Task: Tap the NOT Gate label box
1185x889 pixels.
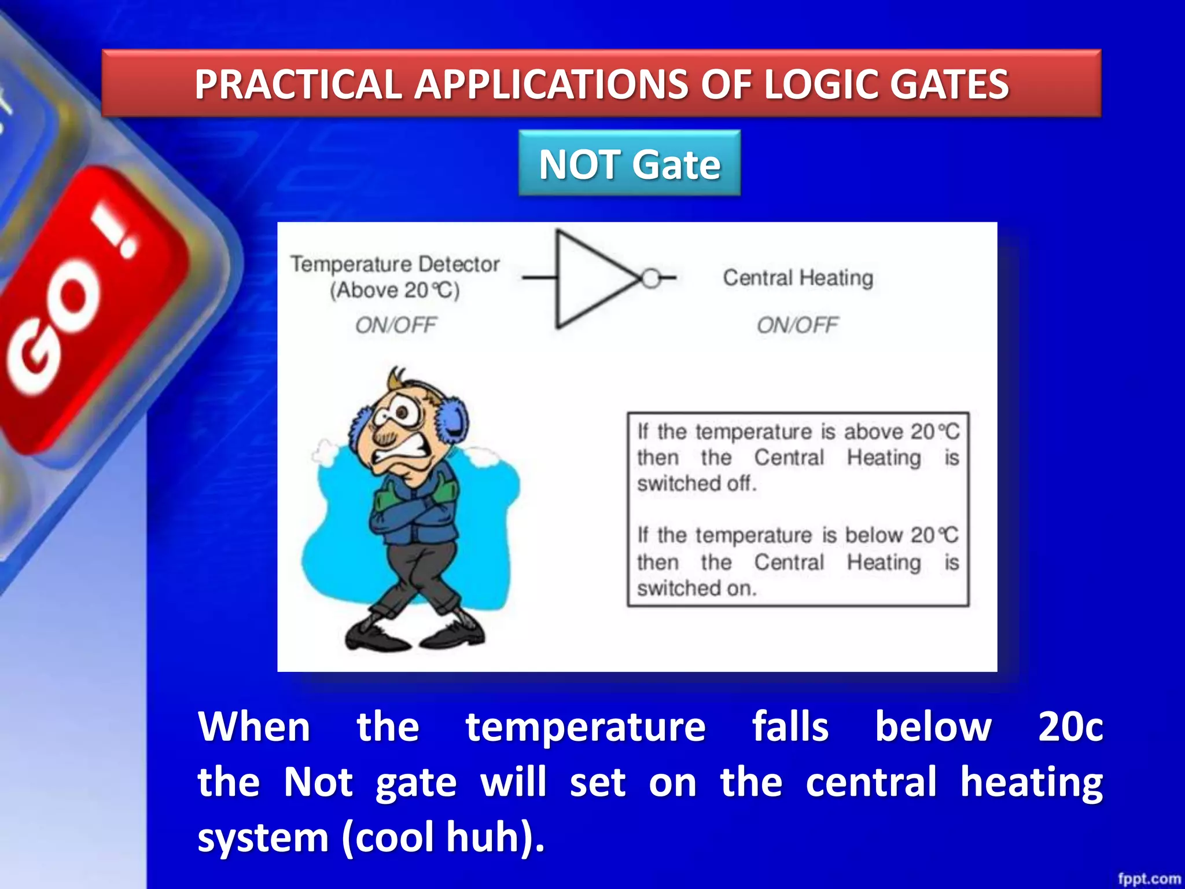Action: [630, 164]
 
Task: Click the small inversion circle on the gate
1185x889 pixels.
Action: [651, 278]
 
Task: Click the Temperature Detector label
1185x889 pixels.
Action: [395, 265]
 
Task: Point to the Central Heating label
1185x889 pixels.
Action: [798, 278]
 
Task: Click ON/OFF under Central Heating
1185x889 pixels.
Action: [797, 325]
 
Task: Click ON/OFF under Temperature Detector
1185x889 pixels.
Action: [396, 325]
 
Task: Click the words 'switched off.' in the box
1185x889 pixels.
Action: [697, 483]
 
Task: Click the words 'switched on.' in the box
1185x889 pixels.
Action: [697, 589]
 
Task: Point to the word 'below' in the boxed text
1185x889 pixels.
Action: [875, 535]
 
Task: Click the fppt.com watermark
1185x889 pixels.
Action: [1149, 879]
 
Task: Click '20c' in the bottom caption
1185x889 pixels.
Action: [1070, 727]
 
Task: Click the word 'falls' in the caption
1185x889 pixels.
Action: [790, 727]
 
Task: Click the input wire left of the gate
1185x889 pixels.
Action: [539, 278]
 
